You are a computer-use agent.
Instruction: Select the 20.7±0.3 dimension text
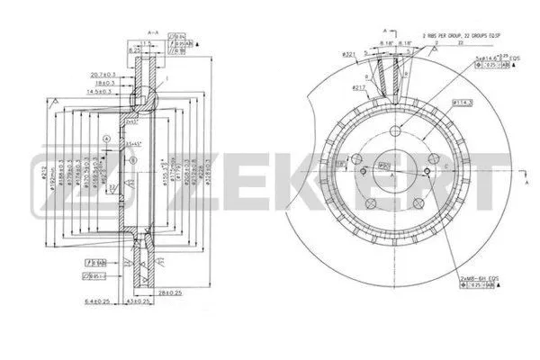[106, 73]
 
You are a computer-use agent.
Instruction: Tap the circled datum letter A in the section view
[107, 138]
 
